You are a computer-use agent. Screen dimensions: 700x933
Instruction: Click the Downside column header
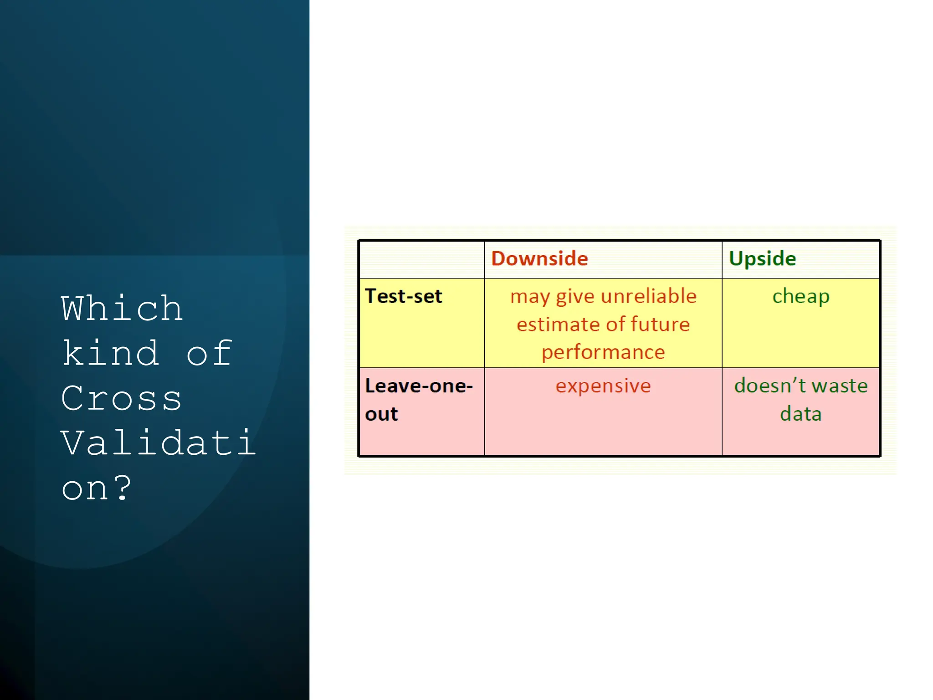pos(539,258)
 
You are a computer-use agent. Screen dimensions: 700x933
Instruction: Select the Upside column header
pos(762,258)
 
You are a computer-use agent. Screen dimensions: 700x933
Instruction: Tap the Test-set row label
pos(404,296)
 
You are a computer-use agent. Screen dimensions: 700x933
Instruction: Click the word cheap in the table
pos(800,297)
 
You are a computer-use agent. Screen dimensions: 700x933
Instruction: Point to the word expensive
pos(603,386)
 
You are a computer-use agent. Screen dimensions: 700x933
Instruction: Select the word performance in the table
pos(603,353)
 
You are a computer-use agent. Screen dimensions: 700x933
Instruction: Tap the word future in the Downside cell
pos(660,324)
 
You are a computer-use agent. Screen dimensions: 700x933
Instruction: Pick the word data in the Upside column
pos(800,414)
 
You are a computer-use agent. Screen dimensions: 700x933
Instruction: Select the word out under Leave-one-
pos(381,414)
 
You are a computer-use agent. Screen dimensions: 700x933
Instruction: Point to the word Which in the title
pos(122,309)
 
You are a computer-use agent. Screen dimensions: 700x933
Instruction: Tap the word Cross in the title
pos(121,398)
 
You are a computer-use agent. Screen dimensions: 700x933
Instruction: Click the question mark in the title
pos(122,488)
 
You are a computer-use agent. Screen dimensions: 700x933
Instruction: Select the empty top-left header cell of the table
pos(421,259)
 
